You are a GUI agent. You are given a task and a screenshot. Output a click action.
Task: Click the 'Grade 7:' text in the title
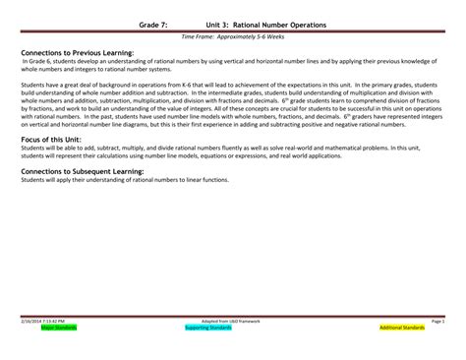click(x=153, y=22)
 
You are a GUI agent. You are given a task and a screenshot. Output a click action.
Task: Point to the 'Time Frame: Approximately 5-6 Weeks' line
click(x=232, y=36)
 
